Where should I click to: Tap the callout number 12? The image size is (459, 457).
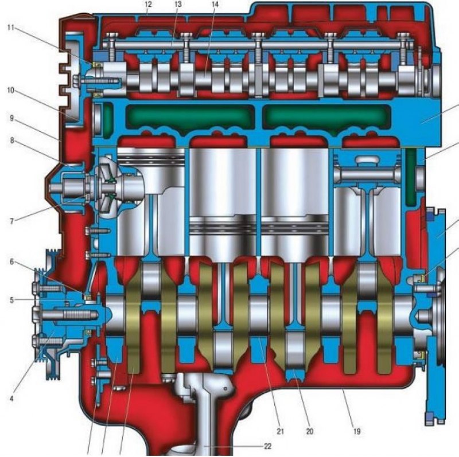(x=148, y=4)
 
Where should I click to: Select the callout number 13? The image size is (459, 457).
(x=178, y=4)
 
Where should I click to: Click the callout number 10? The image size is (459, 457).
(x=11, y=91)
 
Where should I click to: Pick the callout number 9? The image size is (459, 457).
(x=11, y=118)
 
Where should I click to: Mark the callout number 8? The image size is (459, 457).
(x=11, y=140)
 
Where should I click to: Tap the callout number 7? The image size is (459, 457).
(x=11, y=221)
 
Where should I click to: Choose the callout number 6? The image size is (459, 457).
(x=11, y=261)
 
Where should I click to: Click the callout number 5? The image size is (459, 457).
(x=11, y=300)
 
